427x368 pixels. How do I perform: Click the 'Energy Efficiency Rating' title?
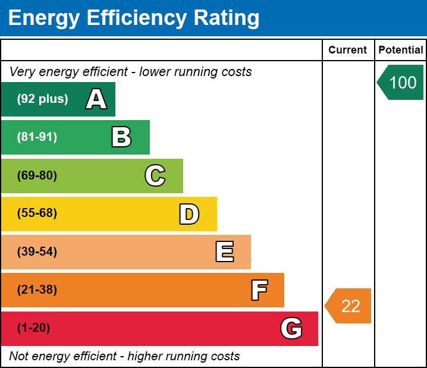pyautogui.click(x=134, y=18)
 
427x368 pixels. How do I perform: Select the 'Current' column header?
pyautogui.click(x=347, y=50)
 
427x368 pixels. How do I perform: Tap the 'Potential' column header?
pyautogui.click(x=401, y=50)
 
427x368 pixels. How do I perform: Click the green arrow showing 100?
pyautogui.click(x=400, y=82)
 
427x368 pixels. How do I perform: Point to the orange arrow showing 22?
pyautogui.click(x=348, y=306)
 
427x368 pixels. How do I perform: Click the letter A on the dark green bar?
pyautogui.click(x=96, y=99)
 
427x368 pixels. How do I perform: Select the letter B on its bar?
pyautogui.click(x=121, y=137)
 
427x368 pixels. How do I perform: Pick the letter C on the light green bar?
pyautogui.click(x=155, y=175)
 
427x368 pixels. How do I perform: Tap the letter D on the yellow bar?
pyautogui.click(x=189, y=214)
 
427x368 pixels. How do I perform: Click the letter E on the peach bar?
pyautogui.click(x=225, y=251)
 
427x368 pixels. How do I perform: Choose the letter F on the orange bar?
pyautogui.click(x=259, y=290)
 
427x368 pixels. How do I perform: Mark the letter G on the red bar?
pyautogui.click(x=291, y=328)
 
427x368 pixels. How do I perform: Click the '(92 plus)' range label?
pyautogui.click(x=42, y=99)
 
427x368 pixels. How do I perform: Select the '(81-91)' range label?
pyautogui.click(x=37, y=137)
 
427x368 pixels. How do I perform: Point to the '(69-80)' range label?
pyautogui.click(x=37, y=175)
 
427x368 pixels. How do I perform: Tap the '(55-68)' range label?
pyautogui.click(x=37, y=213)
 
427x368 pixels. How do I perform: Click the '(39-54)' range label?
pyautogui.click(x=37, y=252)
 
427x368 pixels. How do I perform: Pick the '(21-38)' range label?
pyautogui.click(x=37, y=290)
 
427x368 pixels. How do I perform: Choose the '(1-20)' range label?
pyautogui.click(x=33, y=328)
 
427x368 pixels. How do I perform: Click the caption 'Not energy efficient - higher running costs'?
pyautogui.click(x=124, y=356)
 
